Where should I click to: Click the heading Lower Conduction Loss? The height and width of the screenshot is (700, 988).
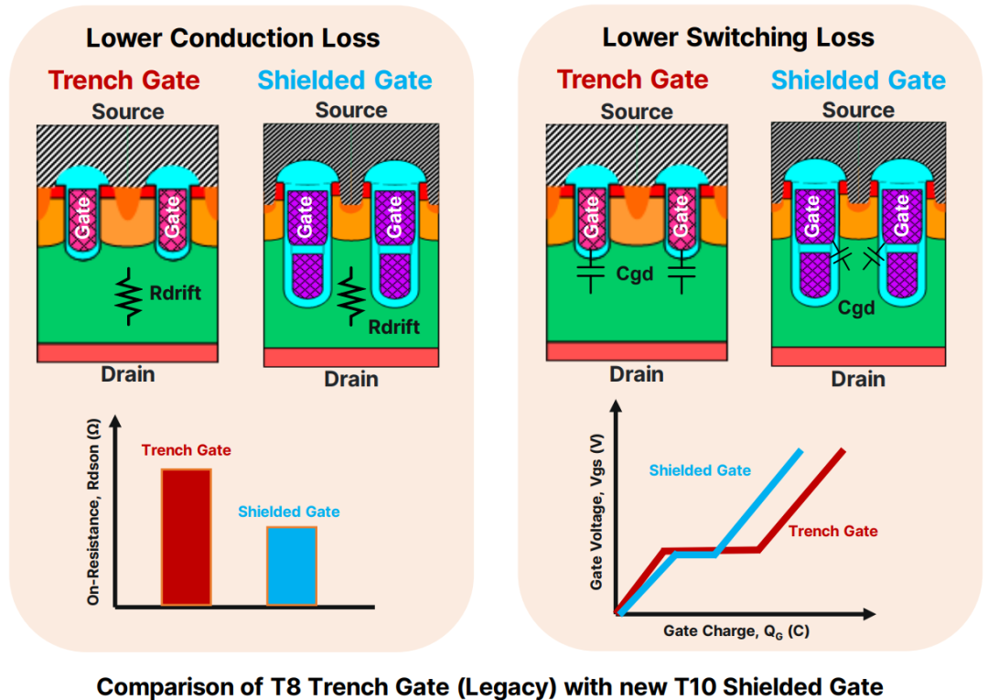point(232,38)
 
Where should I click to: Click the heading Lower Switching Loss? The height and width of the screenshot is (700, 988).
point(738,38)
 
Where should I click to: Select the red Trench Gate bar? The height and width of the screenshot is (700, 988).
point(187,537)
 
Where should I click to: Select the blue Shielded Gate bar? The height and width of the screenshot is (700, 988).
point(292,565)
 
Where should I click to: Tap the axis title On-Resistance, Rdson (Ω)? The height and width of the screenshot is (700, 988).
point(93,512)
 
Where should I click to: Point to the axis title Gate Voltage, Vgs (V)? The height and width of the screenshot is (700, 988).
point(596,512)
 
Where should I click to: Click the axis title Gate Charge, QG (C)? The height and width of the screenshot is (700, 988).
point(736,631)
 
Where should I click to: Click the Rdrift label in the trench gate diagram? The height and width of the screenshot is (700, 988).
point(175,293)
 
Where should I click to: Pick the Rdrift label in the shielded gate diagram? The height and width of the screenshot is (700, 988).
point(393,327)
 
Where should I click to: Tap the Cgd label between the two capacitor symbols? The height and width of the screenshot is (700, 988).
point(635,275)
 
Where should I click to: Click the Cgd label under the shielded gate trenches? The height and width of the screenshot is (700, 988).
point(856,308)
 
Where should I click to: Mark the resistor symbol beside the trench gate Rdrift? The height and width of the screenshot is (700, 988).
point(128,296)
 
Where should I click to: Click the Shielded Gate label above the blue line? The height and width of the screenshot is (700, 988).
point(700,470)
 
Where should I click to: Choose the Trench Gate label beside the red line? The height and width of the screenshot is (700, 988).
point(833,531)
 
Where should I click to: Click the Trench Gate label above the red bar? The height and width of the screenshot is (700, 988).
point(186,450)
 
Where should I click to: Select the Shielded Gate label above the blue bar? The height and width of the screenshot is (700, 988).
point(288,512)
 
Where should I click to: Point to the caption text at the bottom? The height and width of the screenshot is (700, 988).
point(489,687)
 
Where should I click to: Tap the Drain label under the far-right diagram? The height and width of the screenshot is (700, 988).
point(858,380)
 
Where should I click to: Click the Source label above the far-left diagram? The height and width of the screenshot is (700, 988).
point(128,112)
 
